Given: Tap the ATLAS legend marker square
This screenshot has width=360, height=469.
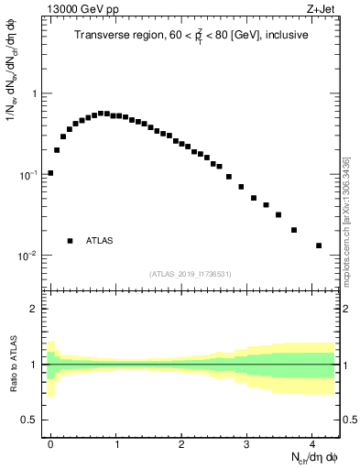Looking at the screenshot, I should pyautogui.click(x=70, y=241).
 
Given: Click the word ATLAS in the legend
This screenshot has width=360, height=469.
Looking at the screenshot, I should pyautogui.click(x=100, y=241).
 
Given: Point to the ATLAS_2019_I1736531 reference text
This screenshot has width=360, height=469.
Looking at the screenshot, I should pyautogui.click(x=191, y=274).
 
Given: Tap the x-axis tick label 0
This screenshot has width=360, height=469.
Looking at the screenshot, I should pyautogui.click(x=50, y=442).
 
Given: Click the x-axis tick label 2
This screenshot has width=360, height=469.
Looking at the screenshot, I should pyautogui.click(x=181, y=442).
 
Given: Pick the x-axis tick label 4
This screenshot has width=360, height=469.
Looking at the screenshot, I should pyautogui.click(x=312, y=442).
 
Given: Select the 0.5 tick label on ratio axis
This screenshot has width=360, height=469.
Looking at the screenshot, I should pyautogui.click(x=30, y=420).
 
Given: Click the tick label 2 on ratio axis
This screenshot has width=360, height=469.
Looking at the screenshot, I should pyautogui.click(x=34, y=309).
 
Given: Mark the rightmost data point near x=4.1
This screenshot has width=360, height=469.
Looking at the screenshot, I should pyautogui.click(x=319, y=245).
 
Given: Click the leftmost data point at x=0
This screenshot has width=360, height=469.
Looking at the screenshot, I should pyautogui.click(x=50, y=172).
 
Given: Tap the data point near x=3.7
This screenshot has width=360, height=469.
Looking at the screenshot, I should pyautogui.click(x=294, y=230).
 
